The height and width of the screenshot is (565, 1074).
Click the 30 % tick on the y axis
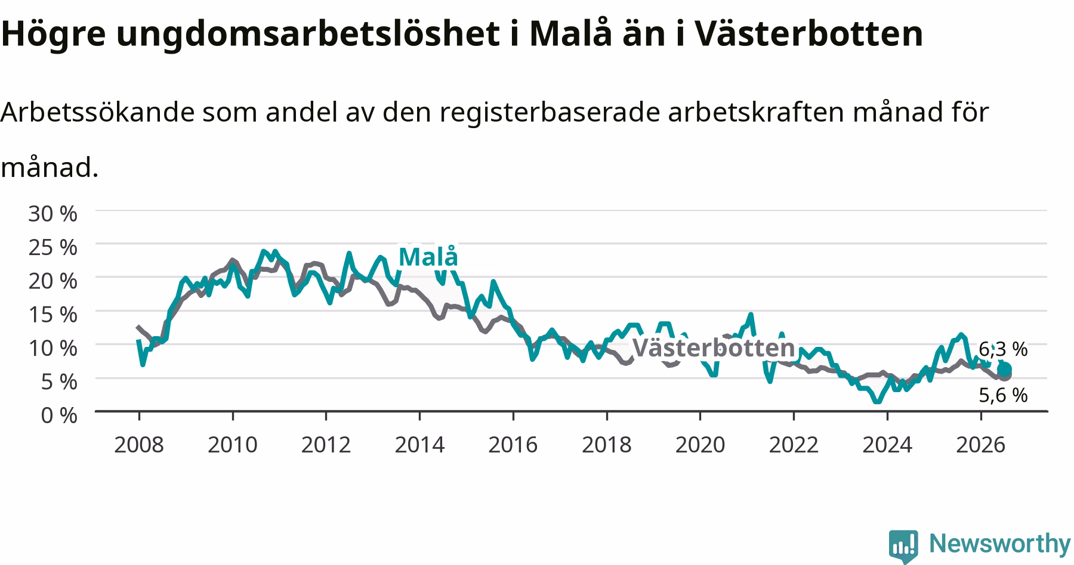[x=53, y=213]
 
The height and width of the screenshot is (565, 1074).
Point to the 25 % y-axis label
[x=53, y=247]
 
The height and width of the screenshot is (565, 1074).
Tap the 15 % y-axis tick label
[x=53, y=314]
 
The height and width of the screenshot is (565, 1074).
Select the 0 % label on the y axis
[x=59, y=415]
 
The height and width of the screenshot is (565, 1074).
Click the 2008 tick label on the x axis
[x=139, y=445]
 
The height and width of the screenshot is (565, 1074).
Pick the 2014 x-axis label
[x=419, y=445]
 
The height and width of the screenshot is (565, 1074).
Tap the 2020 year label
[x=700, y=445]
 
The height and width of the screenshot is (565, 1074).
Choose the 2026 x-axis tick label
[x=981, y=445]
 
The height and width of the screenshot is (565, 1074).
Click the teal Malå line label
[x=428, y=257]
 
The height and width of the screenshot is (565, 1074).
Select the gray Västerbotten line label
[x=714, y=347]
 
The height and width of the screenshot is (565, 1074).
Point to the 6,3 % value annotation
[x=1003, y=349]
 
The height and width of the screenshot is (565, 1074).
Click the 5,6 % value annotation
[x=1003, y=395]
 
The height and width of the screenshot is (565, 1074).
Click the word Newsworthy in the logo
[x=1000, y=544]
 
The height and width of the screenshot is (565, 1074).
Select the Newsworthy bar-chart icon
[x=904, y=545]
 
